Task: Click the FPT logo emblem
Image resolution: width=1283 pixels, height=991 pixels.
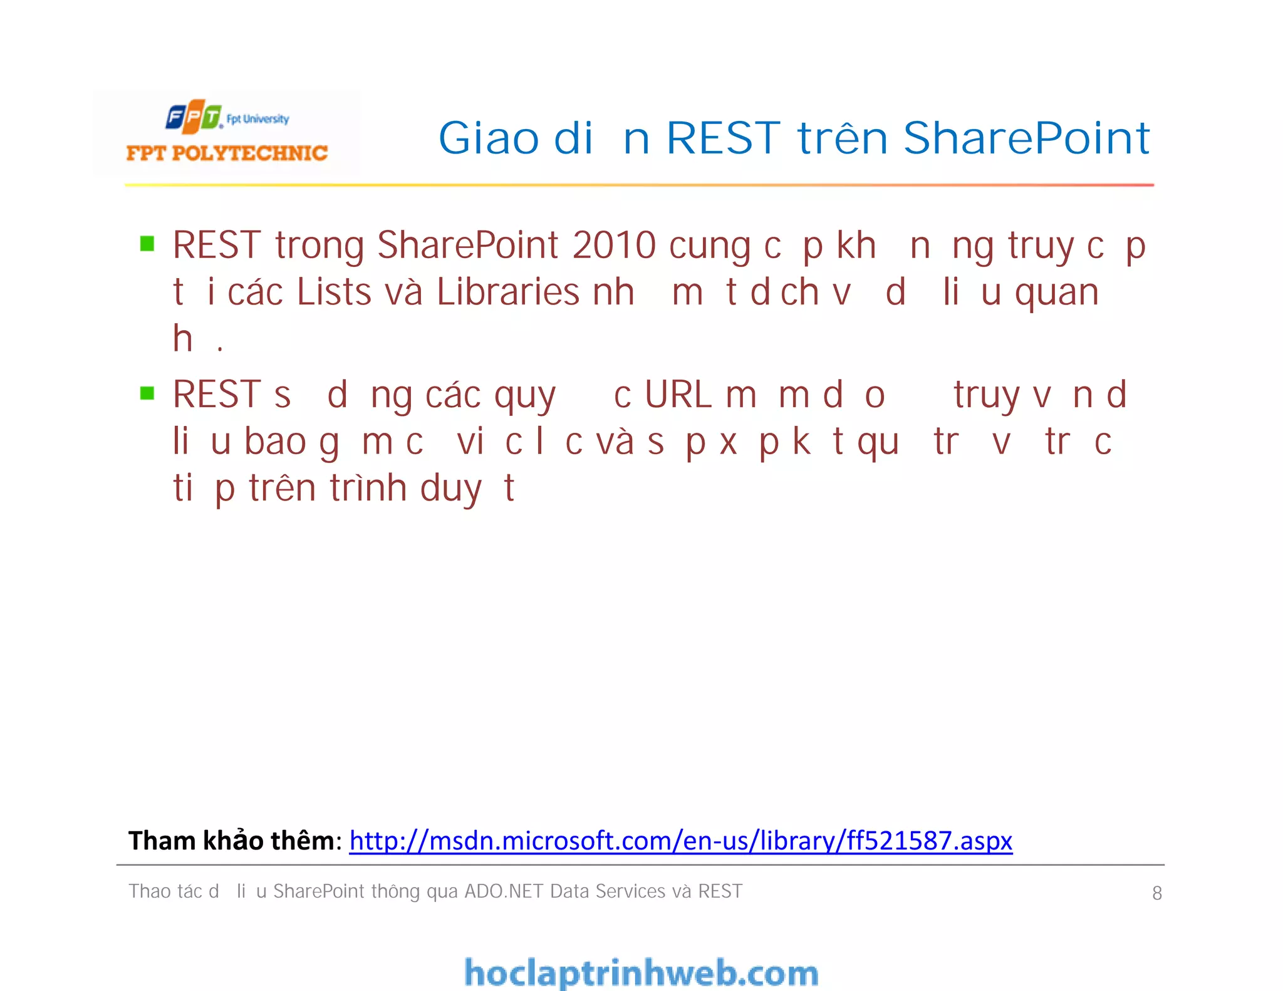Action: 194,117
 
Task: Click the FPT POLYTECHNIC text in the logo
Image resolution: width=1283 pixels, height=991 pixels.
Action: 227,153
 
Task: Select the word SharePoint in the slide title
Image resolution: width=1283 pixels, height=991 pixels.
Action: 1026,138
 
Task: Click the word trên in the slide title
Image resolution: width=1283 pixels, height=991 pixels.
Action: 843,138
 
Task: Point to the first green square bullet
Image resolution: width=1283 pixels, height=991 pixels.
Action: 147,244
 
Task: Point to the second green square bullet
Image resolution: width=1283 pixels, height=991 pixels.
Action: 147,393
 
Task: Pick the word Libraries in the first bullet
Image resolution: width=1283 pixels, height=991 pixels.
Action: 508,292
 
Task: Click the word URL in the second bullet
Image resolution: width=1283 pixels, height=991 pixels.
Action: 678,395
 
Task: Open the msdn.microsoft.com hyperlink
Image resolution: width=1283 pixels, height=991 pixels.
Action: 681,841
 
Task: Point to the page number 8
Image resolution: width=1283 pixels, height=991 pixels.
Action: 1157,893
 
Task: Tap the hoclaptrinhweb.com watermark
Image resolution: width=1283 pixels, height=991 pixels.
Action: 641,973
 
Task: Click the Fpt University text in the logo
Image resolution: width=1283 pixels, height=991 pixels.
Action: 257,119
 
